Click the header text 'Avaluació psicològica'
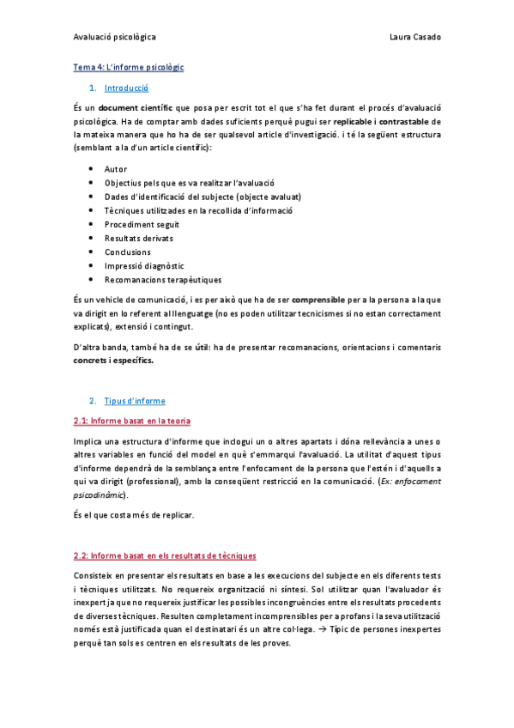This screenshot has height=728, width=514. (x=114, y=38)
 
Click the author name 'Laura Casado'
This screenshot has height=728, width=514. (x=414, y=38)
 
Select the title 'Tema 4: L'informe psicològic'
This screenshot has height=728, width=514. (x=129, y=67)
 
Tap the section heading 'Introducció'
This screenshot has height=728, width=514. (x=126, y=88)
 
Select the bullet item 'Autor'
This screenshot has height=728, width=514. (x=116, y=169)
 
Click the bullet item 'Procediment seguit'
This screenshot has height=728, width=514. (x=142, y=224)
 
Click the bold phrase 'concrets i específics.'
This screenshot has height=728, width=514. (x=114, y=361)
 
